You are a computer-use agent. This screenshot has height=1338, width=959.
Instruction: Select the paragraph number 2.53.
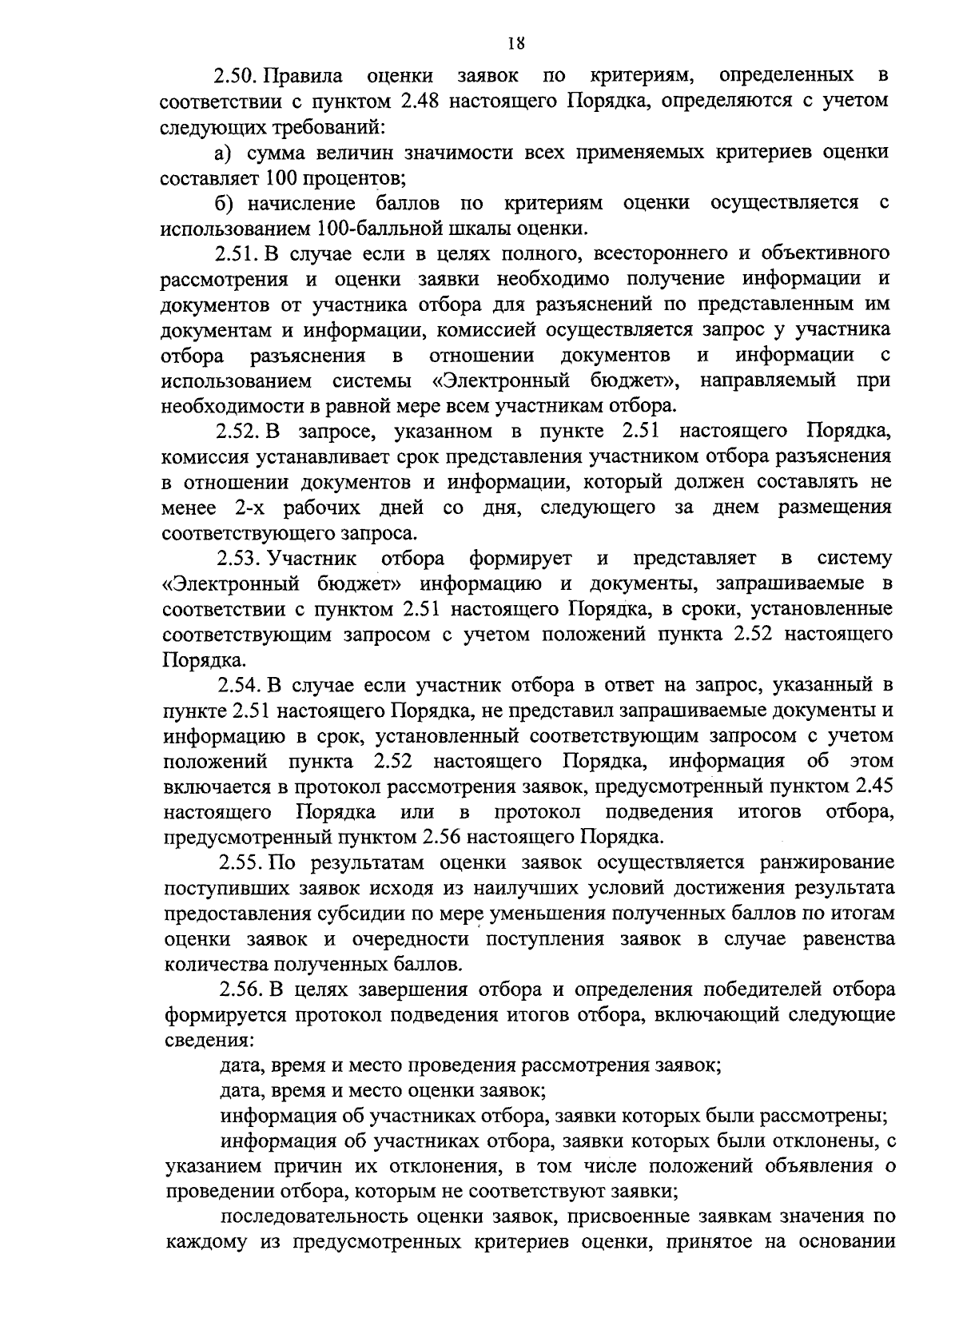click(x=241, y=558)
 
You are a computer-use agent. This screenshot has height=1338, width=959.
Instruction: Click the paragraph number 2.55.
click(x=241, y=862)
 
